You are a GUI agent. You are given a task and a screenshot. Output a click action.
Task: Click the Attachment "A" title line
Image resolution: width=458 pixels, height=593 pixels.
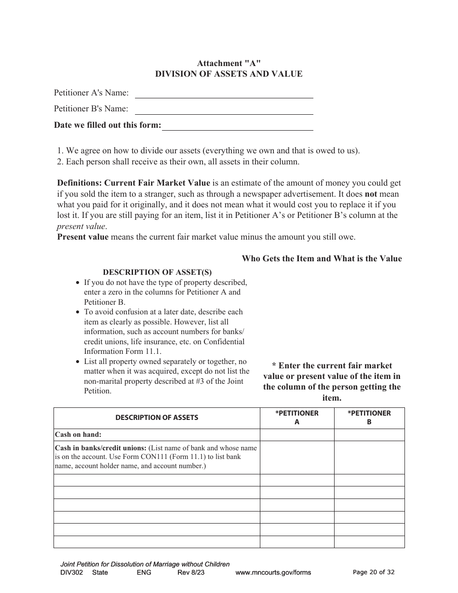pos(229,63)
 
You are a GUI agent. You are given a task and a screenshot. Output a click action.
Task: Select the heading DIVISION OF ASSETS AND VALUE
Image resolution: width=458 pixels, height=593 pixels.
pos(229,74)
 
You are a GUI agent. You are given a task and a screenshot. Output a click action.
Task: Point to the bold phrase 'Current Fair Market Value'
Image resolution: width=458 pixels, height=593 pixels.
pos(157,183)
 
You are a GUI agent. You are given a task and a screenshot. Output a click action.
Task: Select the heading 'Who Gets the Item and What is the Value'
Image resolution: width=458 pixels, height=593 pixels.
pos(322,258)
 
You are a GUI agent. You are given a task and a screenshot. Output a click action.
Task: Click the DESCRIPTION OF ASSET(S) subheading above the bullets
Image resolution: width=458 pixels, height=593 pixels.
pos(157,272)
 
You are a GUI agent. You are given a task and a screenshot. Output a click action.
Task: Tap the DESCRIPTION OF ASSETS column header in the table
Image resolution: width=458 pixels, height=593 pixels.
pos(157,418)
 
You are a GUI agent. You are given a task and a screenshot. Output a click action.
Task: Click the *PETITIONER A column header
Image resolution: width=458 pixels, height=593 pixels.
pos(297,418)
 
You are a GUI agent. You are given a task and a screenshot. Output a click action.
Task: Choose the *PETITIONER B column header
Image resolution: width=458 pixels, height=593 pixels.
pos(369,418)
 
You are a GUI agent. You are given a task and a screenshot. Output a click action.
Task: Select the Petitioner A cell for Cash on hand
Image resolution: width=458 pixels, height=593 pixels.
pos(297,435)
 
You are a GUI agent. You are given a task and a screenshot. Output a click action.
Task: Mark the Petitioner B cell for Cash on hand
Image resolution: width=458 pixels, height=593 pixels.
pos(369,435)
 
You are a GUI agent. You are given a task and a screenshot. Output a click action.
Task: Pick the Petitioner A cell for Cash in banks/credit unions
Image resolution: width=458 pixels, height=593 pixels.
pos(297,457)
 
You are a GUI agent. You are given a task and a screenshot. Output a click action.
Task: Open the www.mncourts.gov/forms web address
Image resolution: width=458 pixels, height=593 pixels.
pos(273,573)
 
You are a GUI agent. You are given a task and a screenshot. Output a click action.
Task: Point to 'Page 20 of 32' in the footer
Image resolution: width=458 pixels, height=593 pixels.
pos(374,572)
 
